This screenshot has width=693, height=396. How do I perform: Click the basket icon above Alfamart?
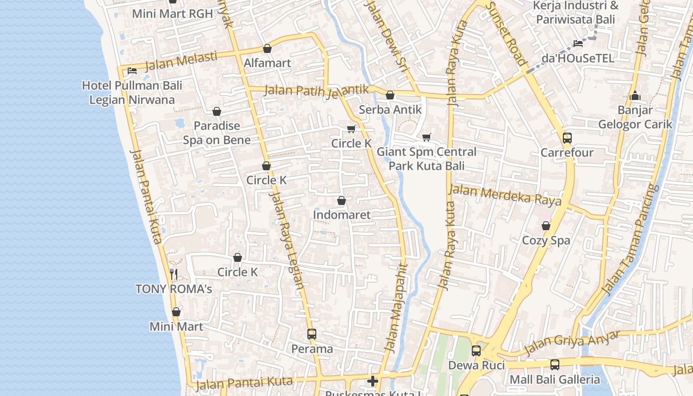click(x=267, y=49)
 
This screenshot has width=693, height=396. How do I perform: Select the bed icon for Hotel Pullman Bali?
click(x=132, y=71)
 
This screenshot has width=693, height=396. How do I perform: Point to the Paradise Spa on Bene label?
click(x=217, y=133)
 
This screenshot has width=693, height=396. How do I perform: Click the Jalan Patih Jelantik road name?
click(x=317, y=91)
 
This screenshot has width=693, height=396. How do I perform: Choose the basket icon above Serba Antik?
click(x=390, y=95)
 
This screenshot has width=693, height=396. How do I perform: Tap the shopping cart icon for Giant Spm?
click(x=427, y=137)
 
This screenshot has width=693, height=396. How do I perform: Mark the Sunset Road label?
click(x=506, y=34)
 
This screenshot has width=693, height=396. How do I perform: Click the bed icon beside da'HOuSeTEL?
click(x=578, y=44)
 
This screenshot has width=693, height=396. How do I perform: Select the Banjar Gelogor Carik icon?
click(x=635, y=96)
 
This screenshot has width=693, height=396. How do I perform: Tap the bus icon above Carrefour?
click(x=567, y=138)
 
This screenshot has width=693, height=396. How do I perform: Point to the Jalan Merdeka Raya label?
click(x=505, y=194)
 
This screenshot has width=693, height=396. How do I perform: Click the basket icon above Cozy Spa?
click(x=546, y=226)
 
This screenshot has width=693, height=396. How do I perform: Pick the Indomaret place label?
click(x=342, y=215)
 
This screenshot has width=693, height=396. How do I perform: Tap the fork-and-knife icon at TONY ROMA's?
click(x=174, y=274)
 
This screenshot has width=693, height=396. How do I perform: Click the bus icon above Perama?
click(x=311, y=334)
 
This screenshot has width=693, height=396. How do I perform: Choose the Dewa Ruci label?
click(x=476, y=365)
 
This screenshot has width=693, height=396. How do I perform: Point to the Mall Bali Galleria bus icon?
click(x=555, y=365)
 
